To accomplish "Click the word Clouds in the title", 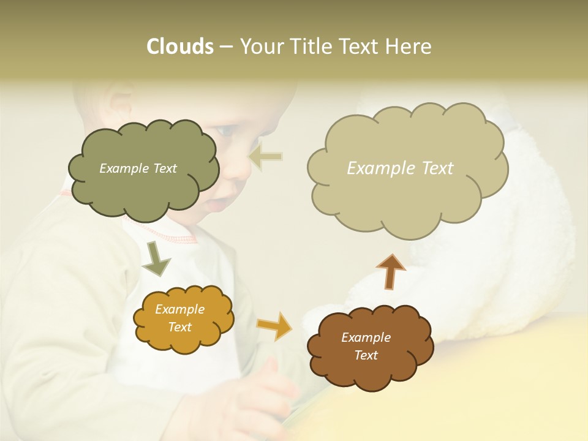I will (180, 47).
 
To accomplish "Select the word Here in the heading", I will (410, 47).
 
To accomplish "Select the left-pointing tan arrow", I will (266, 157).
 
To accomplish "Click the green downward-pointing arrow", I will (156, 258).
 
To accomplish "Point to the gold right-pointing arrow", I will (274, 325).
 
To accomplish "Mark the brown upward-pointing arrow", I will (391, 271).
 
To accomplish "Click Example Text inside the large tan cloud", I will (400, 168).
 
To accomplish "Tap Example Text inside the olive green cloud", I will (138, 168).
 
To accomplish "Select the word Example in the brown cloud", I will (366, 337).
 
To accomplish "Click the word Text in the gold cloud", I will (180, 327).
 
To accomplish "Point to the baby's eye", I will (227, 130).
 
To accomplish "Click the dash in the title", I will (226, 47).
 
